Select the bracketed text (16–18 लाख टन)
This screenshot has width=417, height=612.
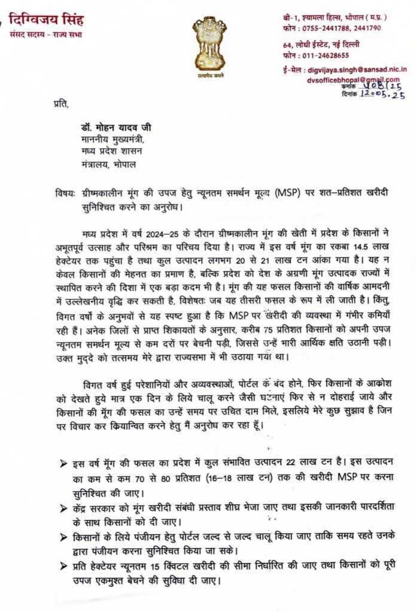[232, 477]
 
